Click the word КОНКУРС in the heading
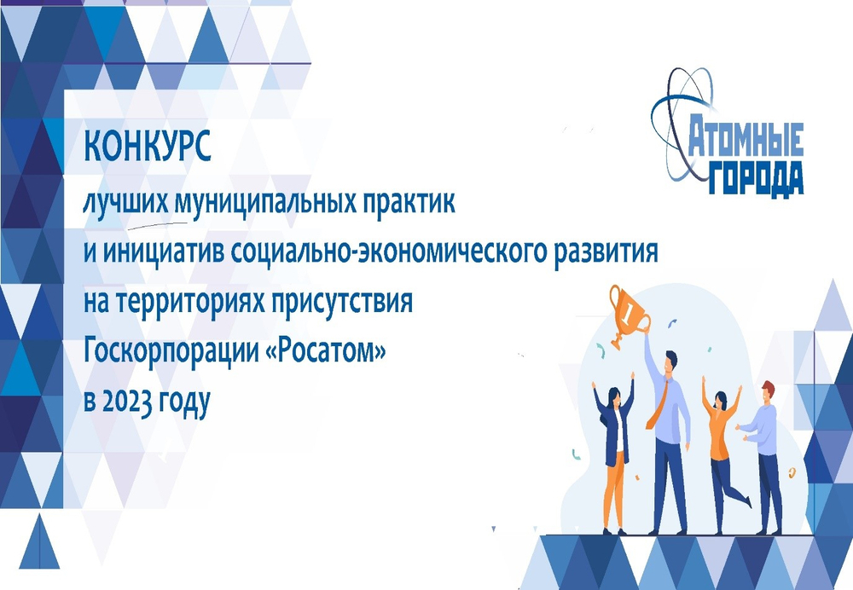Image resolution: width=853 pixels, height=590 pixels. (x=148, y=147)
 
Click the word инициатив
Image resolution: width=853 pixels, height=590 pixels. (x=164, y=252)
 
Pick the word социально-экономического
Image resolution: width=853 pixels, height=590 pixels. (x=389, y=252)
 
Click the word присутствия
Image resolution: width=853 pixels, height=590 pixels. (x=342, y=302)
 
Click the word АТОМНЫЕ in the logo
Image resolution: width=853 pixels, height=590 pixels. (x=746, y=141)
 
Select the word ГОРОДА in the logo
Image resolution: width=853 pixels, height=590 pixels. (x=755, y=177)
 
